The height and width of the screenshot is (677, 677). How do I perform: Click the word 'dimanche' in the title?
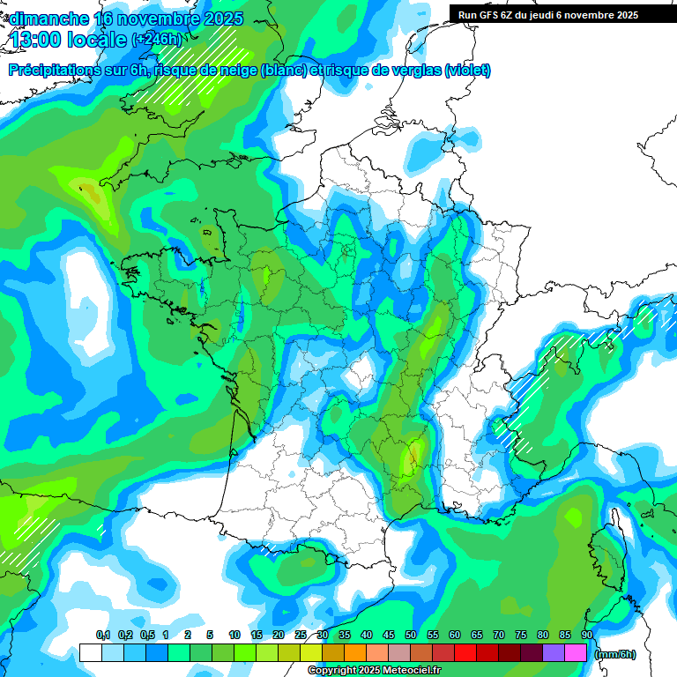[x=48, y=19]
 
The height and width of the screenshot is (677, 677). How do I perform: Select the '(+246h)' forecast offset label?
[x=156, y=40]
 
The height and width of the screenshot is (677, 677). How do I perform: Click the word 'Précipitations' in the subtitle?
[x=53, y=71]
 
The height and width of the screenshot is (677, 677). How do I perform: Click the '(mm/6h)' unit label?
[x=615, y=653]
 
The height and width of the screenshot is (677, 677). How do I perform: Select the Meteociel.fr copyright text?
[x=374, y=671]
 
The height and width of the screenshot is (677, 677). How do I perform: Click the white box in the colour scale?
[x=90, y=653]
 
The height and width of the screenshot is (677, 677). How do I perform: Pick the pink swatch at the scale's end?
[x=576, y=653]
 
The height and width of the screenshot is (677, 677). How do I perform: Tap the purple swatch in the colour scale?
[x=554, y=653]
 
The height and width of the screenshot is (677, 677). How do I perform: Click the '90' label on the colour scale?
[x=586, y=635]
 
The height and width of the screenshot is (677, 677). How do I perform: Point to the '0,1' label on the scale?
[x=102, y=635]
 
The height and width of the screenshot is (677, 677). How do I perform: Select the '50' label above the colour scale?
[x=411, y=635]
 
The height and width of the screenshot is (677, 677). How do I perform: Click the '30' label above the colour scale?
[x=323, y=635]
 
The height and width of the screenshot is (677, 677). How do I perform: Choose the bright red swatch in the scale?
[x=465, y=653]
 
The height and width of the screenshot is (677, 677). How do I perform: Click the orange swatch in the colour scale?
[x=355, y=653]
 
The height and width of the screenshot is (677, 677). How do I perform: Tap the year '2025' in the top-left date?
[x=220, y=19]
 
